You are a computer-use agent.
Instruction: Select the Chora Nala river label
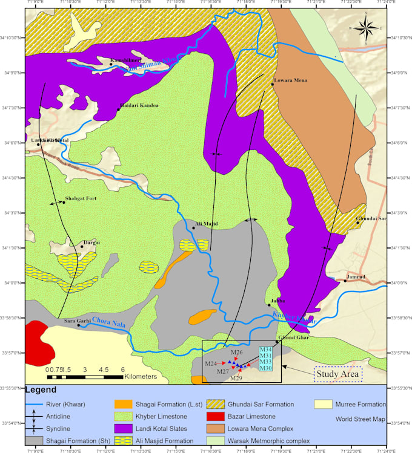point(110,325)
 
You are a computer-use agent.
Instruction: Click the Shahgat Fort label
point(81,198)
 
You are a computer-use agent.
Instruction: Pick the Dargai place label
point(91,242)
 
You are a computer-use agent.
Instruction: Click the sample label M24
point(211,363)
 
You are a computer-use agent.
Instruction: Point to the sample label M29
point(236,378)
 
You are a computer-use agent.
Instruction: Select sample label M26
point(237,352)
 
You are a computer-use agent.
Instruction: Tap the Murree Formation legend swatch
point(324,404)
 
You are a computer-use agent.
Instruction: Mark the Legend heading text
point(42,390)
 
